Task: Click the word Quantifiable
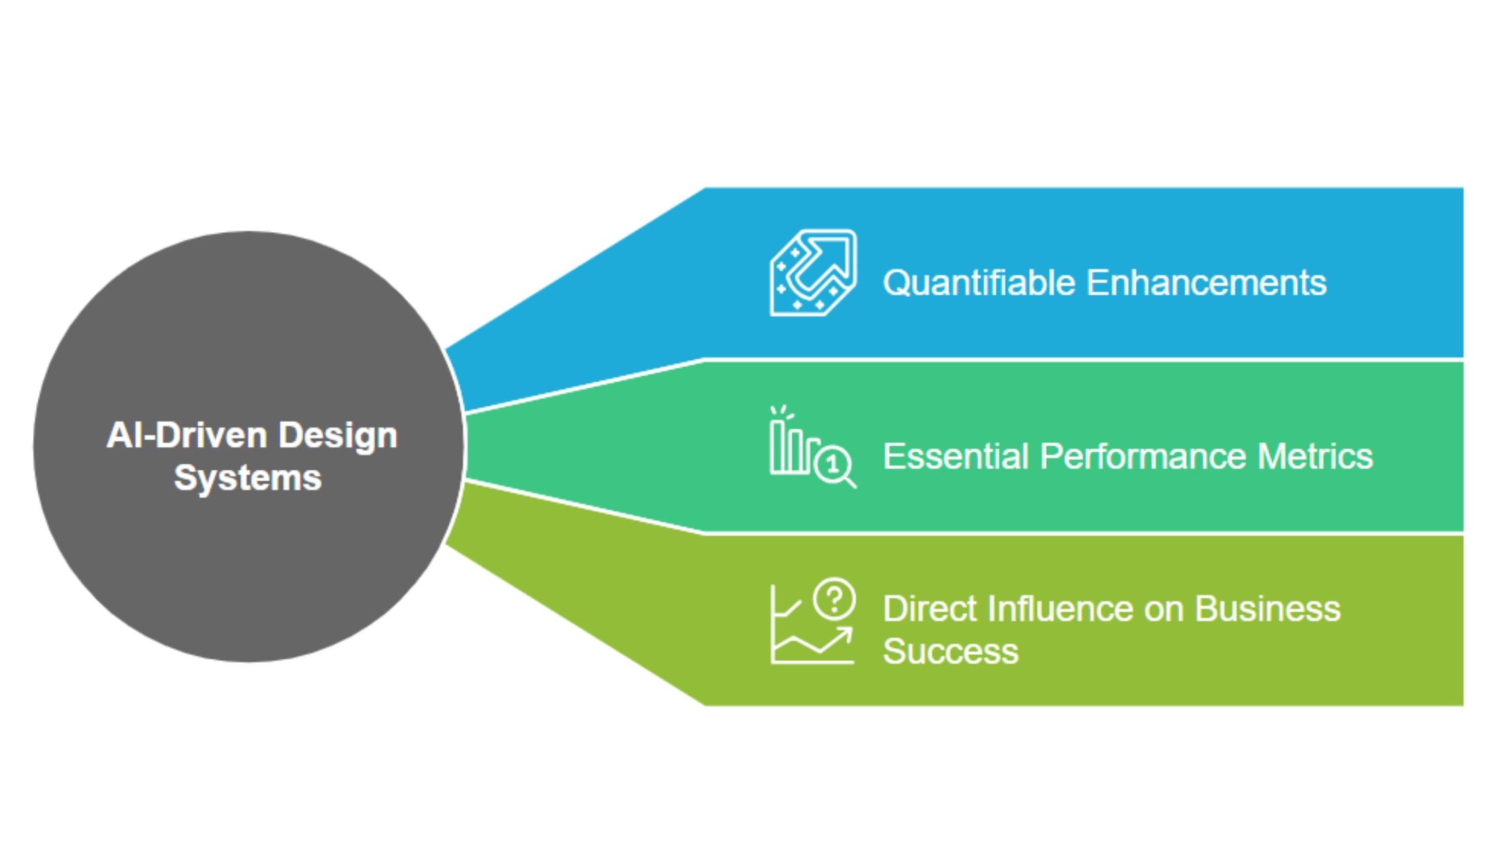click(x=980, y=283)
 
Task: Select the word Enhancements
click(x=1206, y=283)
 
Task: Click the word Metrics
click(x=1315, y=456)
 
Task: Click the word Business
click(x=1267, y=609)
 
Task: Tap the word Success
click(x=950, y=651)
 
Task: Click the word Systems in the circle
click(x=248, y=478)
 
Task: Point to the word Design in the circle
click(x=338, y=435)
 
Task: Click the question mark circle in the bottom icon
click(x=834, y=598)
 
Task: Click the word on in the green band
click(x=1164, y=609)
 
